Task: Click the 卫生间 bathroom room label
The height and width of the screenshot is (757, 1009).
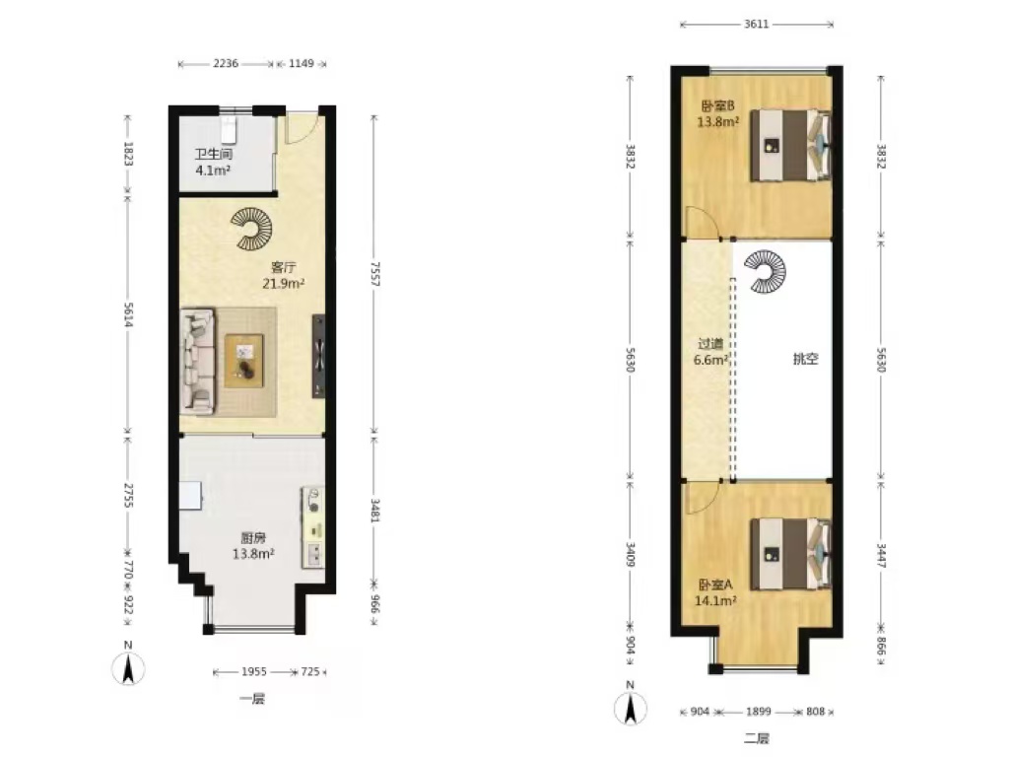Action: [x=213, y=155]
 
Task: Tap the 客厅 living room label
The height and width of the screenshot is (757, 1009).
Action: [x=283, y=267]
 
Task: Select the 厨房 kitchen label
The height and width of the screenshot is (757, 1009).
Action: [x=253, y=538]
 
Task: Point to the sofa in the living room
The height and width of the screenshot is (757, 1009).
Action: [x=197, y=361]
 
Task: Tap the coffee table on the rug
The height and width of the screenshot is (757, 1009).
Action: [x=244, y=361]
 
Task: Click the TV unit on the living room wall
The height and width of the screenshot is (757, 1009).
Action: [x=318, y=356]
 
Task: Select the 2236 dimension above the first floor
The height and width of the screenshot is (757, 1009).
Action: [x=226, y=64]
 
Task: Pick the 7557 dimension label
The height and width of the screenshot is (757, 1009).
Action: [x=374, y=274]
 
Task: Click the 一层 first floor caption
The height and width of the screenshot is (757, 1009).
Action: [x=251, y=699]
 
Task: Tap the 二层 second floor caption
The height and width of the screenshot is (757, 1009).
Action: [x=757, y=738]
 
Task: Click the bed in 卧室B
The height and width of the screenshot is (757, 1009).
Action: [x=791, y=146]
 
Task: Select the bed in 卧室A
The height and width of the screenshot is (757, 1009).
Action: [x=791, y=554]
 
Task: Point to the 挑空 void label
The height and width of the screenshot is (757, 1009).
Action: [x=805, y=359]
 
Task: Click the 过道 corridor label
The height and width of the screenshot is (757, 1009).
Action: [x=710, y=344]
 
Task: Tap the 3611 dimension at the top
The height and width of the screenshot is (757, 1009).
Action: [x=756, y=25]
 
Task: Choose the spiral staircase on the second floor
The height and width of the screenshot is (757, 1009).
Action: [x=765, y=272]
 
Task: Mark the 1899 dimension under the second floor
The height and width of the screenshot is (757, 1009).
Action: [x=758, y=712]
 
